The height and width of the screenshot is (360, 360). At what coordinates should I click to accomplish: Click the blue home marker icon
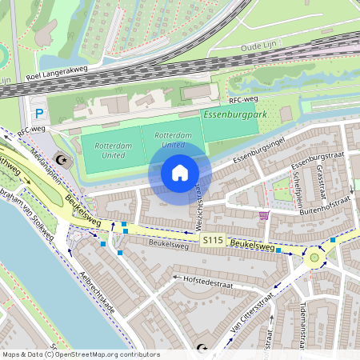pyautogui.click(x=180, y=173)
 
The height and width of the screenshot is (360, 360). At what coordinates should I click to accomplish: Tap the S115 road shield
pyautogui.click(x=212, y=239)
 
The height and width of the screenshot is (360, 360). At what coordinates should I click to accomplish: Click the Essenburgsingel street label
pyautogui.click(x=258, y=149)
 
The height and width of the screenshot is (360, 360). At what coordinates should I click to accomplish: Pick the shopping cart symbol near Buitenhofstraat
pyautogui.click(x=264, y=214)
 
